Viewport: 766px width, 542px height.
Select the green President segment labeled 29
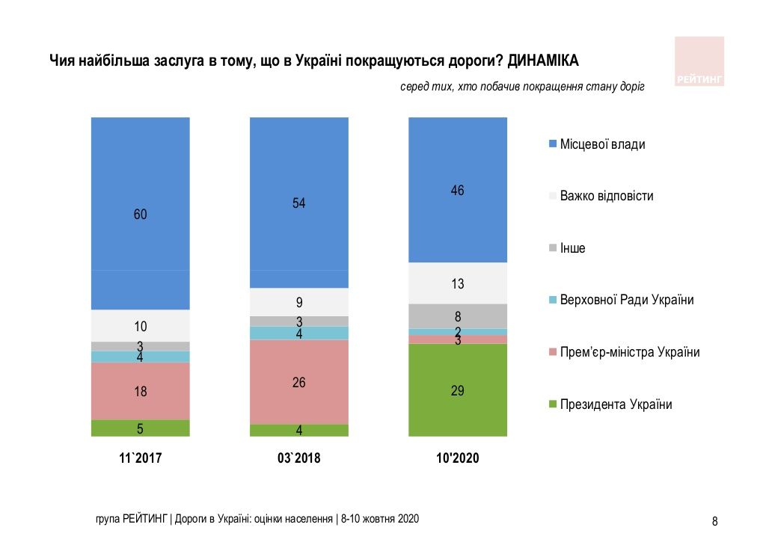[458, 389]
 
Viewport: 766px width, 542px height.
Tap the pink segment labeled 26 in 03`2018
[299, 382]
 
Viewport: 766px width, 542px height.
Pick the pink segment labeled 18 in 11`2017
[140, 391]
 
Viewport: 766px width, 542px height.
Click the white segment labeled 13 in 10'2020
[458, 283]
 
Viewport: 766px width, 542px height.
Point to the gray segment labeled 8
[458, 316]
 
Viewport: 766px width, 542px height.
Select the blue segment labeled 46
[458, 190]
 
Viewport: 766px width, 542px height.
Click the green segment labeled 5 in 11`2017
[140, 428]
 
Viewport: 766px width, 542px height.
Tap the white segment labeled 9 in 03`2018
[299, 303]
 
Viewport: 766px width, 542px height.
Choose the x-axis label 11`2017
[140, 458]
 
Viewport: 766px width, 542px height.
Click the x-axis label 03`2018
[298, 458]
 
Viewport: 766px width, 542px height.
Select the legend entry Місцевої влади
[601, 144]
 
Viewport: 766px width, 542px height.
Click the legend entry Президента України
[615, 404]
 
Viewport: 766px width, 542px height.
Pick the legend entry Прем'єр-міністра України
[629, 352]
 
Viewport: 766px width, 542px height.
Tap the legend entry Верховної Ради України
[626, 300]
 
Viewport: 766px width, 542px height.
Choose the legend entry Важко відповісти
[606, 196]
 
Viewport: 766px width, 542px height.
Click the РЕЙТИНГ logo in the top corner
[699, 61]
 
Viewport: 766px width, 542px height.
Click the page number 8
[714, 521]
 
